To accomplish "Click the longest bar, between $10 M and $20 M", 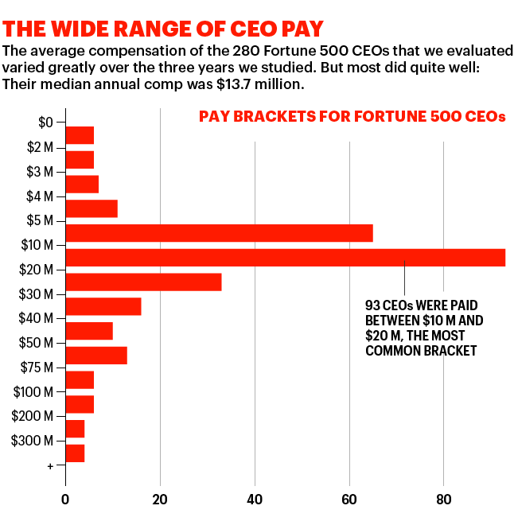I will [285, 258].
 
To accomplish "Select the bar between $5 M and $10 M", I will [219, 233].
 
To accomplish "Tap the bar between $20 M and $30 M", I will [143, 282].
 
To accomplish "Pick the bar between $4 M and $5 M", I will [92, 208].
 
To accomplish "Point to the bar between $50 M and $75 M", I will [96, 356].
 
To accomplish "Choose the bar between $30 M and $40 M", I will [103, 307].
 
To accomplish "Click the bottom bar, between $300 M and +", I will [75, 453].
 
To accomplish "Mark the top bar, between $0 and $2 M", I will [80, 135].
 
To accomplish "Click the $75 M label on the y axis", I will [37, 368].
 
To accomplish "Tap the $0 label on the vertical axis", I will [45, 123].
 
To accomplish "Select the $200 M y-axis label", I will [33, 416].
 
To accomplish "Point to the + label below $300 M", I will [50, 465].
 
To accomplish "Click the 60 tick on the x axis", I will [349, 500].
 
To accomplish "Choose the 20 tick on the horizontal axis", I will [160, 500].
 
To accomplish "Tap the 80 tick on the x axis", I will [443, 500].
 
